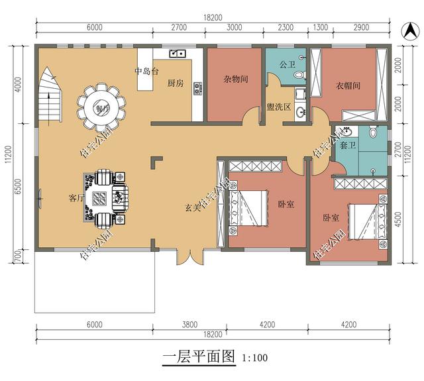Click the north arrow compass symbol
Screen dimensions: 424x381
409,30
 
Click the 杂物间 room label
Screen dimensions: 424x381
236,79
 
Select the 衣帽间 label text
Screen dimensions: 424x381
348,85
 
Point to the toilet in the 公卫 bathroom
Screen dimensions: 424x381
299,75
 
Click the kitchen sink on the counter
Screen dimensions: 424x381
177,53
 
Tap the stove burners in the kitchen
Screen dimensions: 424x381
198,89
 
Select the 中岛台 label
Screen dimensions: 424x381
146,72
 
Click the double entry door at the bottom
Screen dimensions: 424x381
191,257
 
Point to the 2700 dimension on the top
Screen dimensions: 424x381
179,27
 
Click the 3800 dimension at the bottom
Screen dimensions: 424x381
189,324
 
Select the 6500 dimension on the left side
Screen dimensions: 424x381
18,186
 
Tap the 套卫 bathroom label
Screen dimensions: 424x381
347,146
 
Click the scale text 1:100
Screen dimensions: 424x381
254,358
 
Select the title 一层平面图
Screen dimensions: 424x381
199,356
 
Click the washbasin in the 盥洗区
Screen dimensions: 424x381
300,112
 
